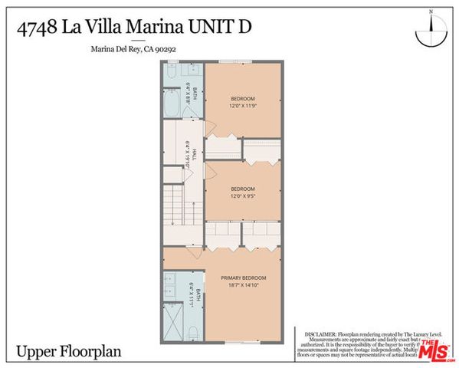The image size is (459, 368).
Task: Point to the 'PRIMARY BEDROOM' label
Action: (x=243, y=278)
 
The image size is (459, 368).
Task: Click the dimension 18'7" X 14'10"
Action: (x=243, y=285)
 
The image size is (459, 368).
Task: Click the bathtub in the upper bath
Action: (x=172, y=103)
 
